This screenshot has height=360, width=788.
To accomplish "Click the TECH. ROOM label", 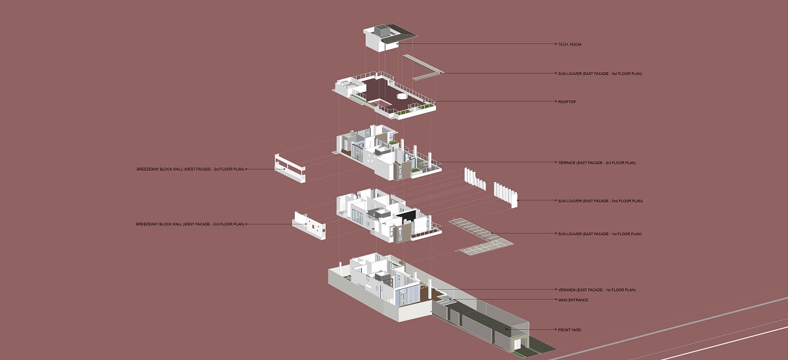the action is pos(569,44).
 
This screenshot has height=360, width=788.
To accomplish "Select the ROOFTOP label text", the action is pos(567,102).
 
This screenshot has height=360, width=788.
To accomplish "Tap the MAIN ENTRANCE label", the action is pos(573,300).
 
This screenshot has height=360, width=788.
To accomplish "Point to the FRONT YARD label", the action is pos(569,330).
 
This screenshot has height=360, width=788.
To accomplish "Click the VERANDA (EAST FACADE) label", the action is pos(597,290).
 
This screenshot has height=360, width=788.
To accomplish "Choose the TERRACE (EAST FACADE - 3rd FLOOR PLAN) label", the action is pos(597,162).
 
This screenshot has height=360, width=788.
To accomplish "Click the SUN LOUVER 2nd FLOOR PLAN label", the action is pos(600,201).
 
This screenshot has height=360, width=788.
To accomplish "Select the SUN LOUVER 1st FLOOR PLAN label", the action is pos(600,234).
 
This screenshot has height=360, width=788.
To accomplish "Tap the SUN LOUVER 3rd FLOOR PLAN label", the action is pos(600,74).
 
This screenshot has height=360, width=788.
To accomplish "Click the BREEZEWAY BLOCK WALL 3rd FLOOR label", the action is pos(190,169).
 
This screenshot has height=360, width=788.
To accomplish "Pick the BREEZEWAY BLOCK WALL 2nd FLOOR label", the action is pos(190,224).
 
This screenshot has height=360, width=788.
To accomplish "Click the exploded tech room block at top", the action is pos(389,38).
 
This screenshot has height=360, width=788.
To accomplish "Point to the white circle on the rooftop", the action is pos(402,96).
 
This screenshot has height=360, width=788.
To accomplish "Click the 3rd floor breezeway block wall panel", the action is pos(290,168).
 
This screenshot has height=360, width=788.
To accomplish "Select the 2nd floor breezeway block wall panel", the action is pos(309,226).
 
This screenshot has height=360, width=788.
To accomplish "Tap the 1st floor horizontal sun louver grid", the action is pos(481,236).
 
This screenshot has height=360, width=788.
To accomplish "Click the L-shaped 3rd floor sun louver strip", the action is pos(423,68).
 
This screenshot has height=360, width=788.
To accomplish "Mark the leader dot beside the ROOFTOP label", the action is pos(556,102).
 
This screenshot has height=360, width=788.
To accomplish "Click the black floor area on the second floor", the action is pos(408,216).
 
